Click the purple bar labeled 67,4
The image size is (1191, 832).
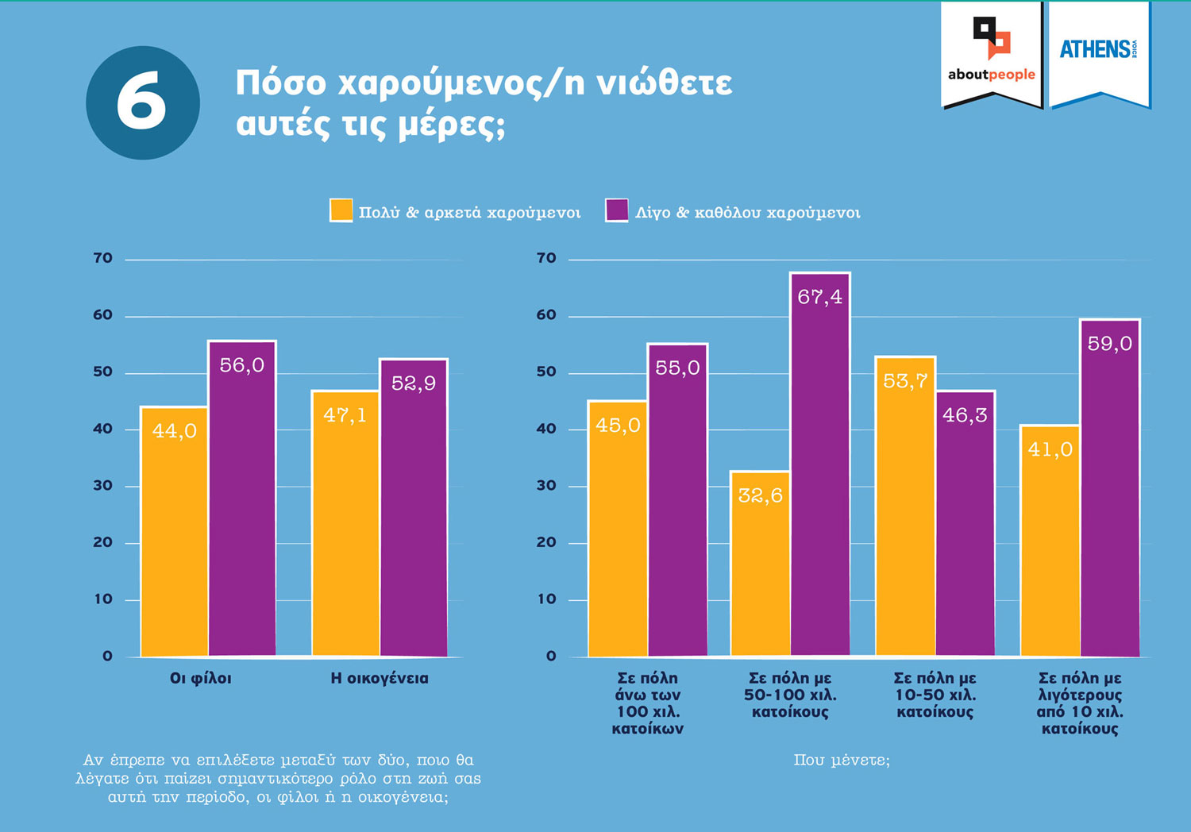click(x=820, y=464)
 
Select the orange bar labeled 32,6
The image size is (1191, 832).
click(x=760, y=564)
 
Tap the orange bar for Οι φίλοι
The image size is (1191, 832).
click(x=174, y=532)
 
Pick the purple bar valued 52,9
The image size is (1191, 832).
click(x=414, y=508)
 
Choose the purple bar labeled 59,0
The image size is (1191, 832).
click(x=1110, y=488)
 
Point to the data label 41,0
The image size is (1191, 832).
click(x=1050, y=450)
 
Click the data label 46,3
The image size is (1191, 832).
click(x=965, y=415)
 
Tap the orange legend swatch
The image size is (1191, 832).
click(x=341, y=210)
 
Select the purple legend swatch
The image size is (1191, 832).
click(x=616, y=210)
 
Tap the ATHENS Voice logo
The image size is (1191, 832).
click(x=1099, y=51)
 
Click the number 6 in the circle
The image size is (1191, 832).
click(x=142, y=102)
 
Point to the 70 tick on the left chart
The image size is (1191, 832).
click(x=102, y=258)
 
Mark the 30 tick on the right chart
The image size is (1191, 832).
click(x=546, y=486)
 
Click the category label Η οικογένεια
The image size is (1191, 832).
click(x=379, y=679)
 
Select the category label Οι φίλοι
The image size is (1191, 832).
click(x=200, y=679)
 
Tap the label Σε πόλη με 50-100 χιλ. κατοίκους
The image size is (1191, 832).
click(x=790, y=695)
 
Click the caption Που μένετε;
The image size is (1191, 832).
click(x=842, y=761)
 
